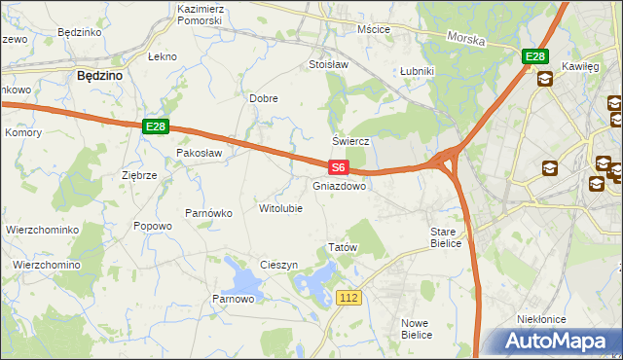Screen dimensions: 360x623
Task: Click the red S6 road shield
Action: (x=337, y=168)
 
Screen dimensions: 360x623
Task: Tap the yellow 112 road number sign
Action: (x=351, y=296)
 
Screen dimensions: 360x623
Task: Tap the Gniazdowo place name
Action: (x=340, y=186)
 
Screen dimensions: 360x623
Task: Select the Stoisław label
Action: (x=328, y=65)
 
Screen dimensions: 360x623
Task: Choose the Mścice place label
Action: (x=373, y=29)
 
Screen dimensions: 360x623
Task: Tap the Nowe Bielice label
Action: (x=417, y=328)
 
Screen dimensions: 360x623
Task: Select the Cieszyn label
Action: (x=278, y=266)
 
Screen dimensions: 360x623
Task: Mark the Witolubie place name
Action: (x=280, y=208)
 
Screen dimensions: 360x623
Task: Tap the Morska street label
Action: (x=466, y=39)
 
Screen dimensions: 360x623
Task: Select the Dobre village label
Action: (x=264, y=99)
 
